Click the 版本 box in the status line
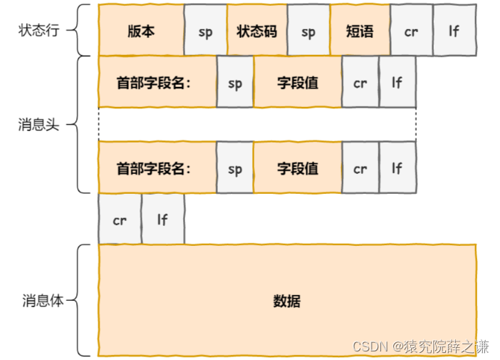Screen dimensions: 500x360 141,31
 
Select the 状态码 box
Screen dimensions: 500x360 256,31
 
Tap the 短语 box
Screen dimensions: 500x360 360,31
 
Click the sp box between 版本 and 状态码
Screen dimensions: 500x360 205,31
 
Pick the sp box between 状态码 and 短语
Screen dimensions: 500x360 308,31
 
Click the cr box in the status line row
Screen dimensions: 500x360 411,31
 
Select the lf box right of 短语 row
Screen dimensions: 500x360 454,31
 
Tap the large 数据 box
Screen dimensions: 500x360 287,301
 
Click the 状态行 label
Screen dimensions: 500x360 38,31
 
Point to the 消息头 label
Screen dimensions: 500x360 38,125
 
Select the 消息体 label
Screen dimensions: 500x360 41,300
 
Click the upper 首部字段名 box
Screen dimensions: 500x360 157,83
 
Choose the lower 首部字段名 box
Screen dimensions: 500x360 157,168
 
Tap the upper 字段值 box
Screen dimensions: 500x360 297,83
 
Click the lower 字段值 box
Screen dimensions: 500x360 297,168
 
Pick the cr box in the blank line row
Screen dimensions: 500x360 120,220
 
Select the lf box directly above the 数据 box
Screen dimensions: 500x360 162,220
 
